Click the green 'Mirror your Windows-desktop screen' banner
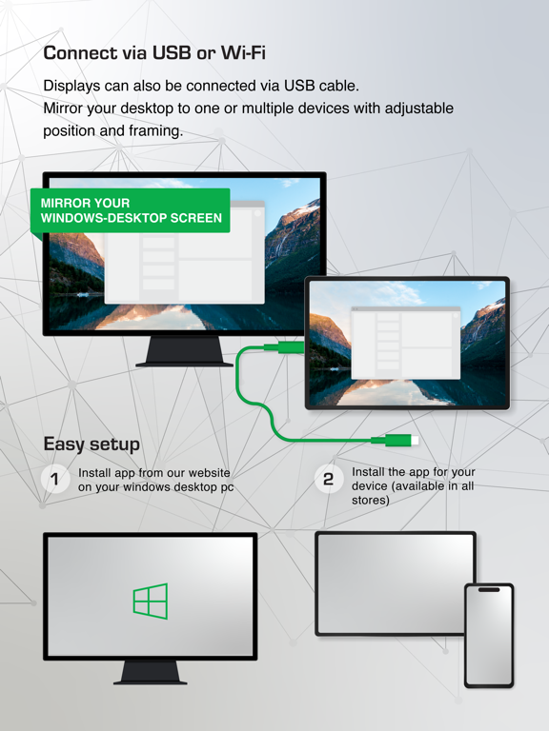131,210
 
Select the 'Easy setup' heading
91,444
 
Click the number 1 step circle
55,479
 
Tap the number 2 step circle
328,479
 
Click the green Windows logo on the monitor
151,601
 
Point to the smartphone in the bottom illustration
488,635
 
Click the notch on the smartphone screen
488,590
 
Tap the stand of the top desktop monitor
184,352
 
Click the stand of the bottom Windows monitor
151,672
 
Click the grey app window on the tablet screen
405,344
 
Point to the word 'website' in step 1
207,473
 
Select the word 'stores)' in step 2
371,500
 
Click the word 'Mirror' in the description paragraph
65,108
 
